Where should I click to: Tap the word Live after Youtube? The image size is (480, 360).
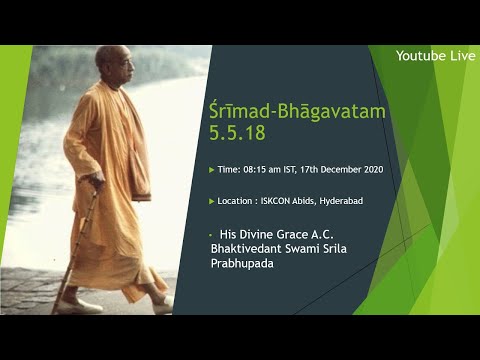click(x=461, y=56)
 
